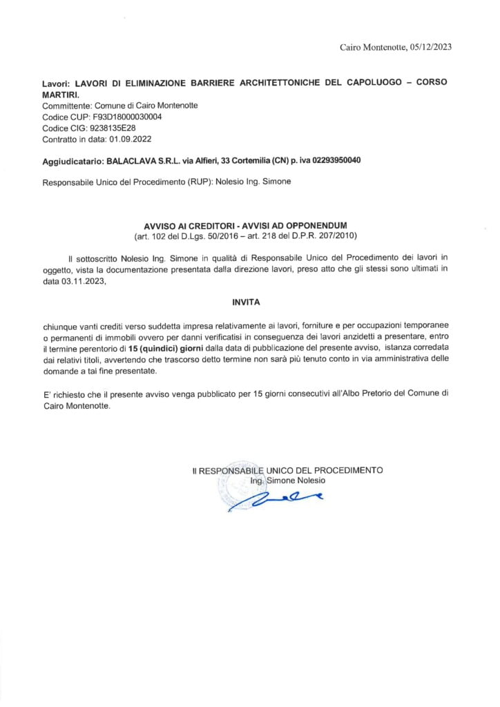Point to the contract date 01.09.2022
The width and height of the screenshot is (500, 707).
[124, 139]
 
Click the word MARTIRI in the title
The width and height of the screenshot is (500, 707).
[60, 93]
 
